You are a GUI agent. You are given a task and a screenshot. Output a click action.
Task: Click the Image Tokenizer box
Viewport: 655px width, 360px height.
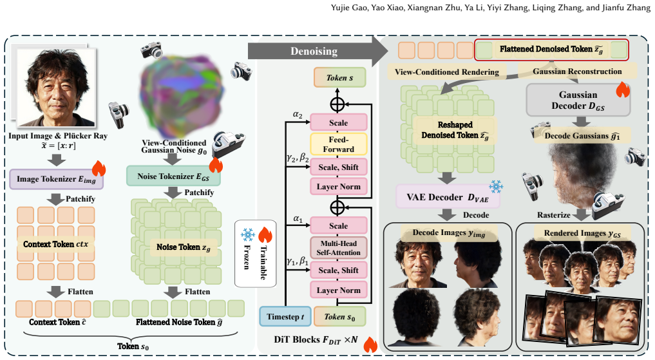click(57, 179)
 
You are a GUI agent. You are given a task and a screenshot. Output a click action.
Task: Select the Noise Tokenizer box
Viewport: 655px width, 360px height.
click(173, 176)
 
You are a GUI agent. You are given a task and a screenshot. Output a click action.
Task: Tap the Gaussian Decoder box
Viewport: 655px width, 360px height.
click(578, 100)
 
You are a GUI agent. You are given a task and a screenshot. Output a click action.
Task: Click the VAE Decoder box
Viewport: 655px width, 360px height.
click(448, 197)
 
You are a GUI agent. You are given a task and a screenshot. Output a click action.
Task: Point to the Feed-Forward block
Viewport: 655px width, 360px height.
click(338, 144)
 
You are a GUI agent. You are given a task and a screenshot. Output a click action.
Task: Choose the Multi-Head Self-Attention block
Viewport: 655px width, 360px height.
click(338, 248)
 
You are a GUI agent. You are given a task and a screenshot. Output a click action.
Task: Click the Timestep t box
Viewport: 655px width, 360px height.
click(285, 317)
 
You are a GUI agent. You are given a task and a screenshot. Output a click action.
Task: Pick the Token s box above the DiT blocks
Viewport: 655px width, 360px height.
click(339, 78)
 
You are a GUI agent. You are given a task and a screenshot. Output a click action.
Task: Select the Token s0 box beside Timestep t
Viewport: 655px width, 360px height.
click(339, 317)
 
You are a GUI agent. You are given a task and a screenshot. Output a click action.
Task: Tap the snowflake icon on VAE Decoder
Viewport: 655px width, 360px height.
click(496, 187)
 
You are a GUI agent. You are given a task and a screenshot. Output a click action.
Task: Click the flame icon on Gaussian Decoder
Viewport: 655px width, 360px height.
click(622, 90)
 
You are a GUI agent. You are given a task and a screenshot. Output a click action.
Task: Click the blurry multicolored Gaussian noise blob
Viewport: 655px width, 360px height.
click(181, 95)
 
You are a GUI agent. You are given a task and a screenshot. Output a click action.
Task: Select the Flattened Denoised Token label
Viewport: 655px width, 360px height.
click(551, 50)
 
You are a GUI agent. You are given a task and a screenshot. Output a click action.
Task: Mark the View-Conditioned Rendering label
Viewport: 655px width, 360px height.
click(446, 72)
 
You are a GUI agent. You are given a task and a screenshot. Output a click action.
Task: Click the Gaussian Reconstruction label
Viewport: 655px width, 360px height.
click(577, 71)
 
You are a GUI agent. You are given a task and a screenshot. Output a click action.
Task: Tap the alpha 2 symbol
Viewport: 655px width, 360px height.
click(298, 115)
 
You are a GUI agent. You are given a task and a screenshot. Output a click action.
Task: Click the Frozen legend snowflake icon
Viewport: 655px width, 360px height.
click(248, 234)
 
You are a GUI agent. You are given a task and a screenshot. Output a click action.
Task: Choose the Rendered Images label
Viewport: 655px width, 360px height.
click(582, 234)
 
